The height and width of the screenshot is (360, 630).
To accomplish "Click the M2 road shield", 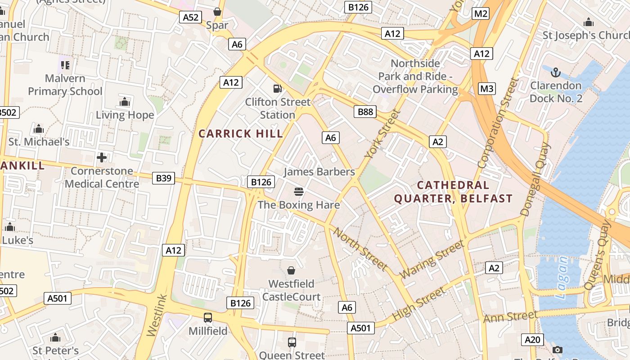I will (481, 13).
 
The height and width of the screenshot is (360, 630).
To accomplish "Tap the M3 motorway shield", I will (487, 89).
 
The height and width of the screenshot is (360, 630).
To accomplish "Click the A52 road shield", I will (190, 17).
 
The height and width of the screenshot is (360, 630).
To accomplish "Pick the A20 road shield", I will (532, 339).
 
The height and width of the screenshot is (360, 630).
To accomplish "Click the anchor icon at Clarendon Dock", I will (556, 72).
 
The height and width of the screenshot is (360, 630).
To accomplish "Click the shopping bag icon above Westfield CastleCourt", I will (291, 270).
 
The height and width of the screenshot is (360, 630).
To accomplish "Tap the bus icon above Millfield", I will (208, 318).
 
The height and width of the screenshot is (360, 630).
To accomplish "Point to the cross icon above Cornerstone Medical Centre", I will (102, 157).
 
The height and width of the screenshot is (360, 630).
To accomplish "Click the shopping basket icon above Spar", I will (217, 12).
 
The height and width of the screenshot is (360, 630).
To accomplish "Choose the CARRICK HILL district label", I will (241, 134).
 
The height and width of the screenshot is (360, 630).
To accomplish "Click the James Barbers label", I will (319, 172).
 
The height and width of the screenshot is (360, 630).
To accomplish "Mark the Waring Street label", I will (432, 260).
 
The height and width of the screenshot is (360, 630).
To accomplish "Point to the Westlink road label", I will (157, 316).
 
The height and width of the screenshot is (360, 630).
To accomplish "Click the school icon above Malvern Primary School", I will (65, 65).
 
